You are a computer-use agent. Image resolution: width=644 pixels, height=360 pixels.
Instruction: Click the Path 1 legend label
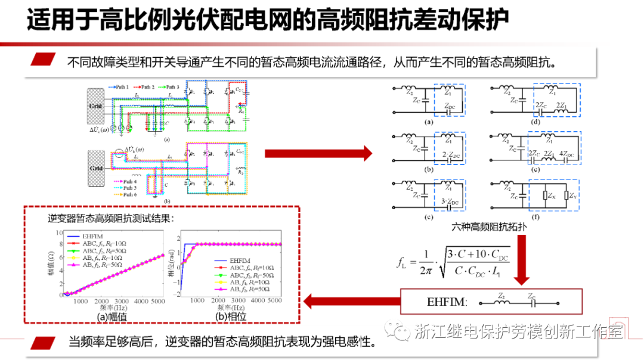coord(123,87)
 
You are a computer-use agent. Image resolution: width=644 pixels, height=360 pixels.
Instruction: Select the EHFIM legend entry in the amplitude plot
coord(92,237)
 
